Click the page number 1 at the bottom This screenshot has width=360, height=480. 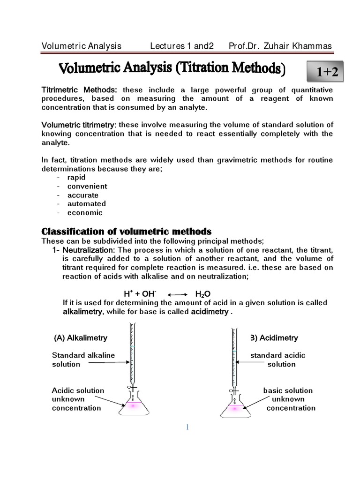coord(187,427)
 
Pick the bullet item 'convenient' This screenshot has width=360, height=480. coord(87,187)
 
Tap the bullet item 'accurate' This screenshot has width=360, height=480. coord(83,195)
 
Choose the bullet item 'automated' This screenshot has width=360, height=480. coord(87,203)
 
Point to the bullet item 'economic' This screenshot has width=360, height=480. coord(85,212)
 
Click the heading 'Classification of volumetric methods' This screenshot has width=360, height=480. coord(127,232)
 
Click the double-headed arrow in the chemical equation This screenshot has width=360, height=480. coord(177,294)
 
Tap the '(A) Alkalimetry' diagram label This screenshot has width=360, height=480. coord(81,337)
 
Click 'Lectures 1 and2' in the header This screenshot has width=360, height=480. coord(181,46)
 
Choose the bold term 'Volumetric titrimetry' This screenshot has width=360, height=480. coord(78,125)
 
